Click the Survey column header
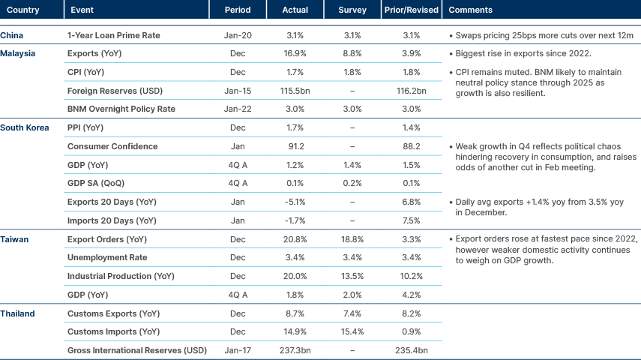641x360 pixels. [352, 10]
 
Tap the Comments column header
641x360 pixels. [469, 10]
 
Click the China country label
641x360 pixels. [12, 35]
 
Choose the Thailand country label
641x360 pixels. [17, 313]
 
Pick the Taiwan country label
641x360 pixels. [15, 239]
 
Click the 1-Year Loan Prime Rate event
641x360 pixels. [114, 35]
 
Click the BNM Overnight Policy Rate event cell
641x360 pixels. [121, 109]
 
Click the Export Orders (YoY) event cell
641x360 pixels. [107, 239]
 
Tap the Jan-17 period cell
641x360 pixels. [237, 350]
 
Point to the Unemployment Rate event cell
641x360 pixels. [107, 258]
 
